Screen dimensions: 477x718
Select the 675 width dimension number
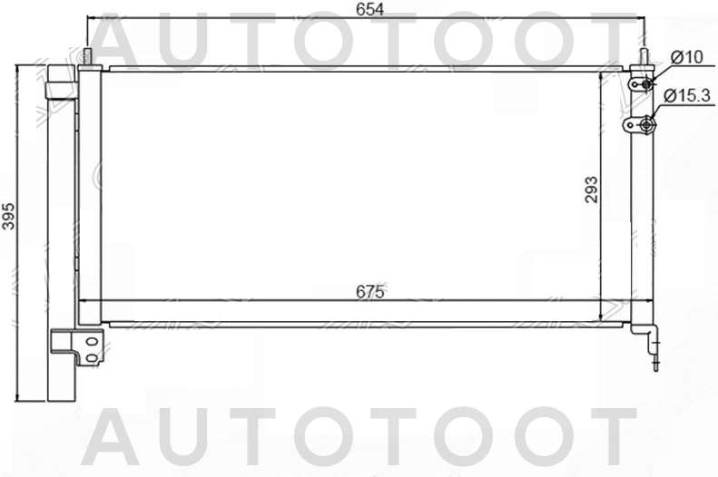(x=370, y=291)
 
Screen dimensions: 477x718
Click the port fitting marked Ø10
(x=646, y=84)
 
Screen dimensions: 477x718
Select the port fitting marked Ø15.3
(x=646, y=125)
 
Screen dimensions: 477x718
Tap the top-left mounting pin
(x=87, y=55)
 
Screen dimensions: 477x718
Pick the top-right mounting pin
(x=644, y=56)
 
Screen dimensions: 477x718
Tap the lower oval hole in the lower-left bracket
(x=91, y=356)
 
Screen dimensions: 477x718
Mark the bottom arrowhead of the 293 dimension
(x=604, y=316)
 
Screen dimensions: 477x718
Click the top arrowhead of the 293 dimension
(x=604, y=75)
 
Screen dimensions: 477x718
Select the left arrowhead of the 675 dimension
(x=84, y=300)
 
